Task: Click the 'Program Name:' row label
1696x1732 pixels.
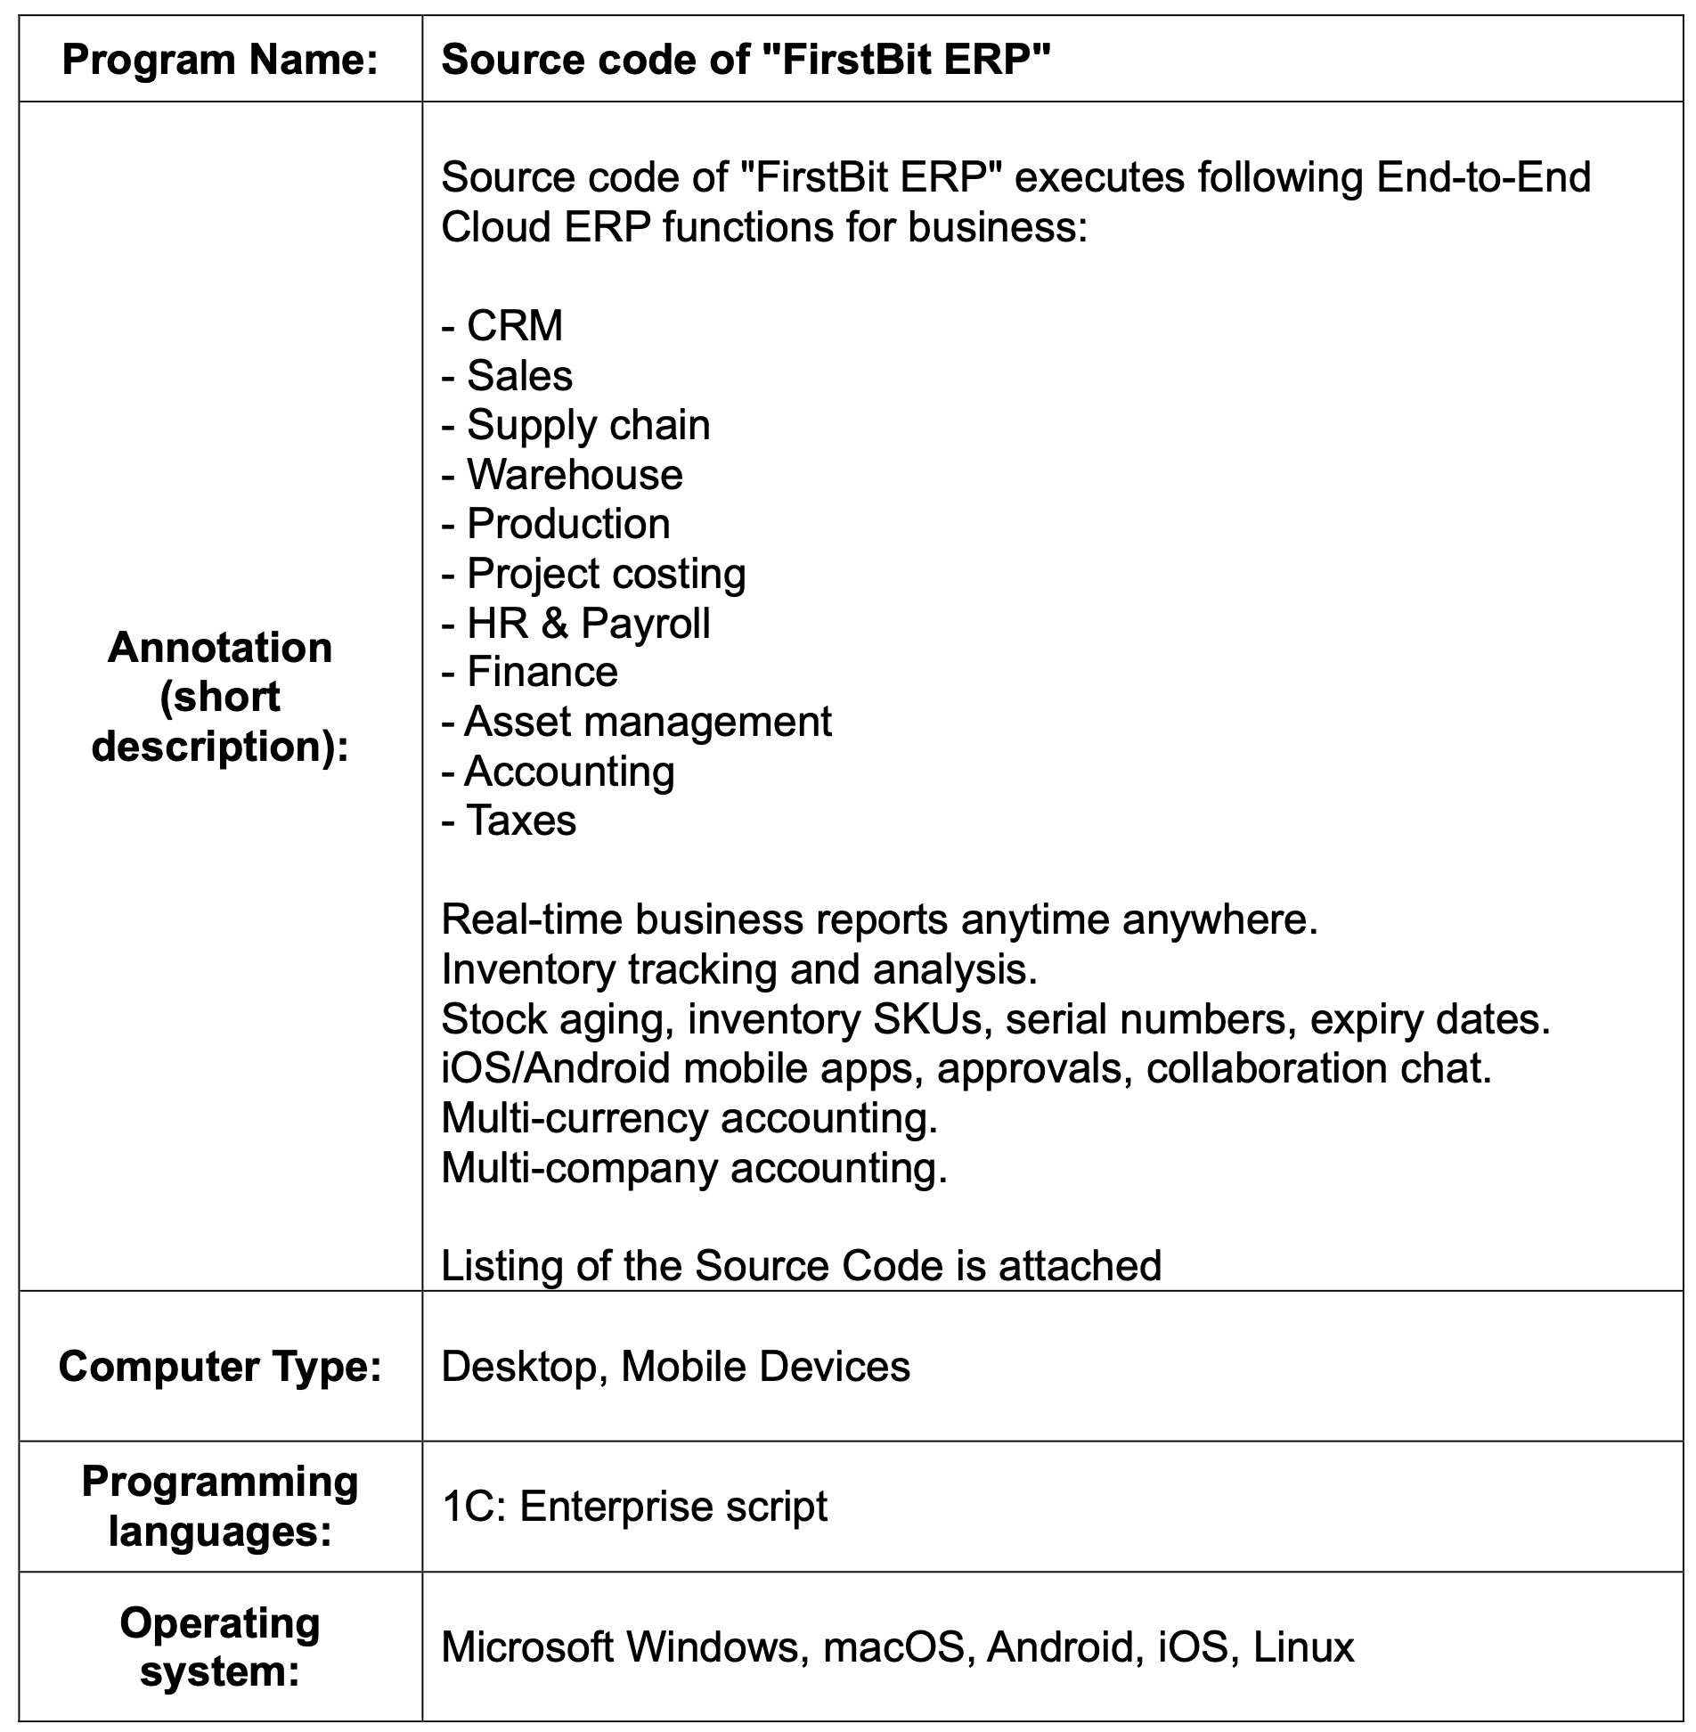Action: pyautogui.click(x=220, y=60)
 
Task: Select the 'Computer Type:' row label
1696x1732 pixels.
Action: pyautogui.click(x=220, y=1366)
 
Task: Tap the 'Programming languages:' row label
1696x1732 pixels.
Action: pyautogui.click(x=220, y=1507)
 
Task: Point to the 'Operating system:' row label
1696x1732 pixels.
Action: pyautogui.click(x=220, y=1646)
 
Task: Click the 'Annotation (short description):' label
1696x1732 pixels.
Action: pyautogui.click(x=220, y=696)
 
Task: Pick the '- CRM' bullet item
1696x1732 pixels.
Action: pyautogui.click(x=502, y=325)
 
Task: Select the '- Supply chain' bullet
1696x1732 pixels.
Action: pyautogui.click(x=575, y=425)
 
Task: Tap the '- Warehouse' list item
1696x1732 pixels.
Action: pyautogui.click(x=562, y=474)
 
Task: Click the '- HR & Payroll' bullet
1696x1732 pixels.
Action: pyautogui.click(x=575, y=623)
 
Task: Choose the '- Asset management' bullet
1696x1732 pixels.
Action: pyautogui.click(x=636, y=722)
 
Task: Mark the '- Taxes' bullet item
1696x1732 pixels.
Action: pyautogui.click(x=509, y=821)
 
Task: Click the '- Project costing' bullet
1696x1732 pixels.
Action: pyautogui.click(x=593, y=574)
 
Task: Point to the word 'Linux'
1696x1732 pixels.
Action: pyautogui.click(x=1303, y=1646)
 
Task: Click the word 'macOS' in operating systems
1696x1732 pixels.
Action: pyautogui.click(x=893, y=1646)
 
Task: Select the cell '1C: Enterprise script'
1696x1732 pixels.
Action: pyautogui.click(x=634, y=1507)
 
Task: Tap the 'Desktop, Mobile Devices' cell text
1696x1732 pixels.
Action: pyautogui.click(x=675, y=1366)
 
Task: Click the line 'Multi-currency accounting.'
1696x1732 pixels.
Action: pyautogui.click(x=689, y=1117)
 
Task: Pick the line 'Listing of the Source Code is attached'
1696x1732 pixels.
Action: pyautogui.click(x=801, y=1265)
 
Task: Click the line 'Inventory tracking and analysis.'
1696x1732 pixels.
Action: pyautogui.click(x=739, y=969)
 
